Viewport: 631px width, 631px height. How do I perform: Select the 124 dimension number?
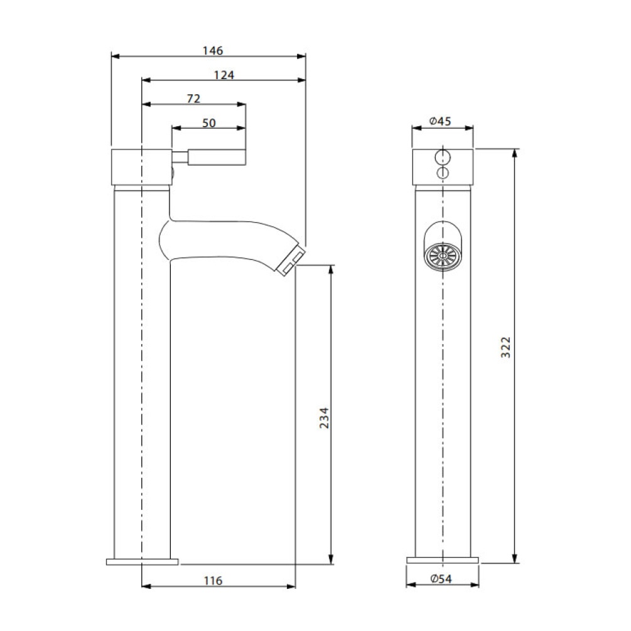[224, 75]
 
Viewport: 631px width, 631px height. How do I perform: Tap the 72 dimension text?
[193, 99]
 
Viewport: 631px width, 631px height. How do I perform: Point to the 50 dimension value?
[208, 123]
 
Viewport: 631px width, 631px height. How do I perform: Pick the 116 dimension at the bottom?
[214, 580]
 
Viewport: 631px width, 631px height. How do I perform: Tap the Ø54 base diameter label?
[442, 580]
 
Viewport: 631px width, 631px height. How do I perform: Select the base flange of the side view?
[143, 561]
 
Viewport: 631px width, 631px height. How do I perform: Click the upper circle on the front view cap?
[443, 157]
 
